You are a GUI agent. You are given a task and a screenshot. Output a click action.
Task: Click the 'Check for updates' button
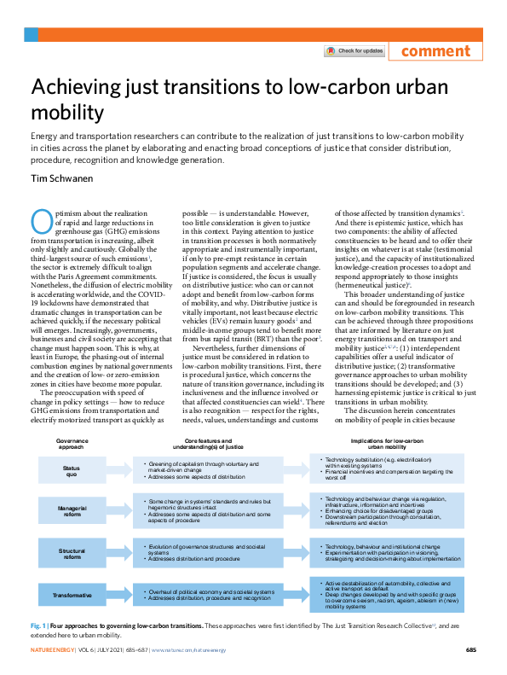354,51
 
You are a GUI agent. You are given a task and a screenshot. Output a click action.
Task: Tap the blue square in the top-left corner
31,34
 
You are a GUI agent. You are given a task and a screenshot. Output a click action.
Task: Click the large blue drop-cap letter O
43,220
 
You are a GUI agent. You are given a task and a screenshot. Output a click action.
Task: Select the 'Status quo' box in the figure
72,468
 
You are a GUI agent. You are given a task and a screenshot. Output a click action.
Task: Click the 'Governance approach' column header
72,444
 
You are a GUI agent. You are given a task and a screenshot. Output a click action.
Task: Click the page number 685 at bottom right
470,650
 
